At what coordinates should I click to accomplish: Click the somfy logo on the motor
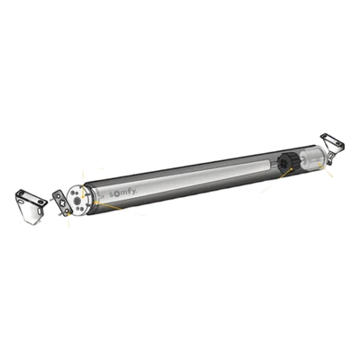point(123,193)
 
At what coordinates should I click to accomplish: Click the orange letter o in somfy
point(116,194)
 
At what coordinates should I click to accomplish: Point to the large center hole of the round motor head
point(76,201)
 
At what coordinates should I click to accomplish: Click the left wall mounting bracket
point(31,206)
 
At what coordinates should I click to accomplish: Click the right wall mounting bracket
point(333,148)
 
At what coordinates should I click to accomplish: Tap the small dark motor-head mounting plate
point(62,203)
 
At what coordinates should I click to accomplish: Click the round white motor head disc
point(77,200)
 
